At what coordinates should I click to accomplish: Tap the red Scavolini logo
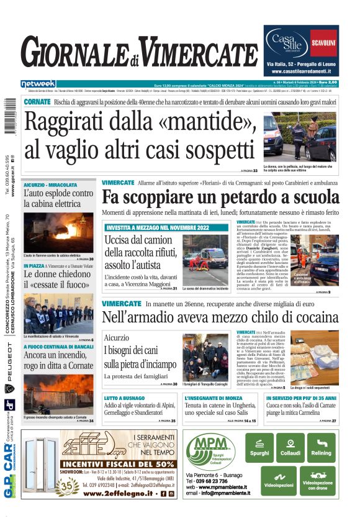pos(323,43)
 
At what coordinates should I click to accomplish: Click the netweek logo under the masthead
pos(38,83)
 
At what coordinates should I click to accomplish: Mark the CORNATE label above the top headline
pos(37,101)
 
